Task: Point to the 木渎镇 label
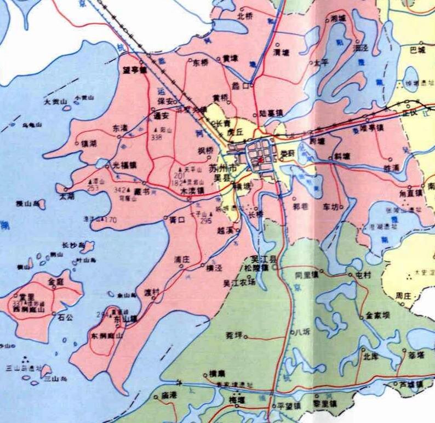pyautogui.click(x=192, y=192)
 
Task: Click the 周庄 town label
pyautogui.click(x=404, y=295)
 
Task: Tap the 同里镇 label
pyautogui.click(x=306, y=275)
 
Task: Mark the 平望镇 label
pyautogui.click(x=290, y=406)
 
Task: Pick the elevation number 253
pyautogui.click(x=93, y=188)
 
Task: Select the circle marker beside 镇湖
pyautogui.click(x=76, y=143)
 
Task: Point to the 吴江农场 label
pyautogui.click(x=238, y=283)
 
